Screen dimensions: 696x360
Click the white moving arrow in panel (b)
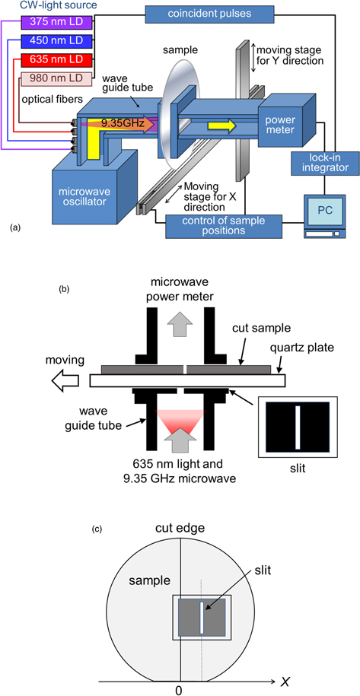(69, 379)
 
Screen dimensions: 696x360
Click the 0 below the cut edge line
(180, 690)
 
